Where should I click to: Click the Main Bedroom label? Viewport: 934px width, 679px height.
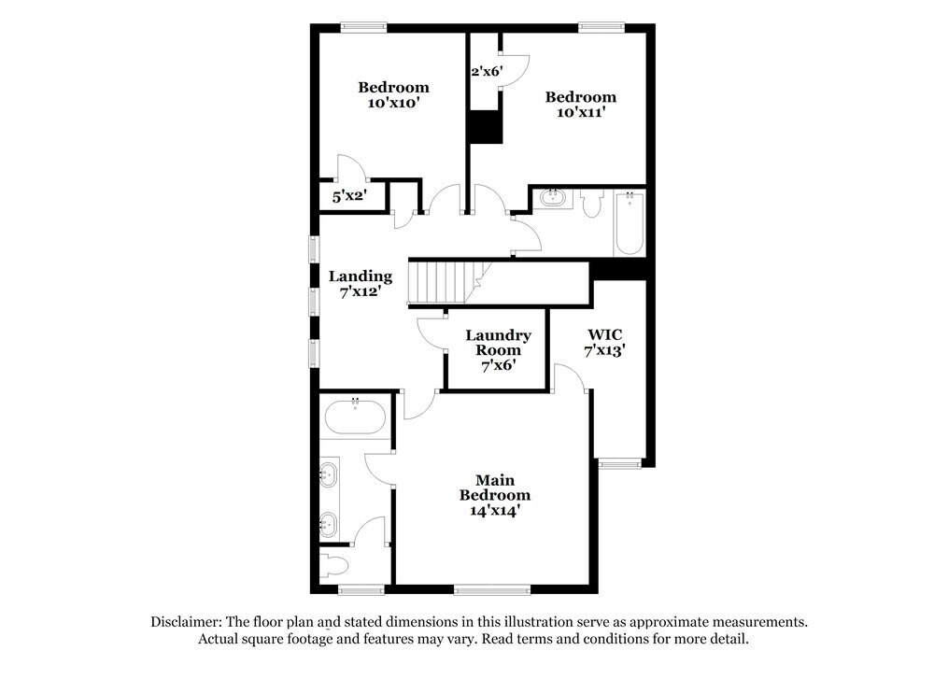[494, 495]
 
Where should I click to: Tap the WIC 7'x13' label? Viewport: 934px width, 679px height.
[604, 342]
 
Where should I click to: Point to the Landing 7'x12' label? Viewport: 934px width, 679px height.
[360, 283]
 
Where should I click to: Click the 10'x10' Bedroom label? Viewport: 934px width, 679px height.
[393, 95]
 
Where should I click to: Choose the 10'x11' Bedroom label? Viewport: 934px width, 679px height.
[580, 104]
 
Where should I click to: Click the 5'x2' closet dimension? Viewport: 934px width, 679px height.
[349, 197]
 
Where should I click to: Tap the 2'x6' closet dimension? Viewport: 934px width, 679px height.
[486, 71]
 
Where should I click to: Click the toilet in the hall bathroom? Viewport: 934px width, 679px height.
[589, 205]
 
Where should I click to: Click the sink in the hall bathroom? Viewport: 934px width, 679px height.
[552, 197]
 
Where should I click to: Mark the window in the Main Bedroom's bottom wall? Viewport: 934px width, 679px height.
[491, 589]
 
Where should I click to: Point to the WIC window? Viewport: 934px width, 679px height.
[620, 461]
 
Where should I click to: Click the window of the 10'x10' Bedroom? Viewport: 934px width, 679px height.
[363, 27]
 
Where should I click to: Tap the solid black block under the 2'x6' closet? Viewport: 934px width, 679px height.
[485, 126]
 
